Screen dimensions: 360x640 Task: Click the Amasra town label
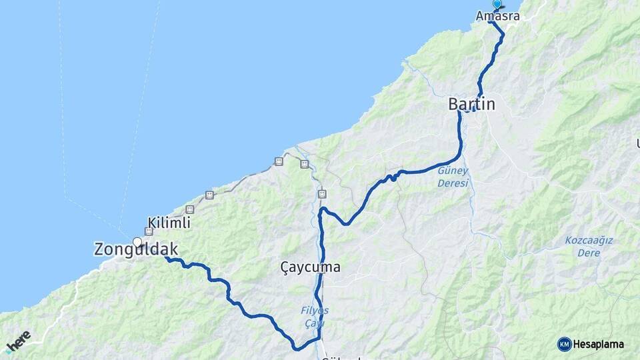click(x=497, y=15)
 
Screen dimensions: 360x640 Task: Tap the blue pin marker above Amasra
click(x=497, y=4)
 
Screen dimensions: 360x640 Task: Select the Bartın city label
click(x=472, y=104)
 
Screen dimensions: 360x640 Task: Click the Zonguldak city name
click(x=136, y=249)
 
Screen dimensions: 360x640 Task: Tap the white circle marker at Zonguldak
click(x=137, y=242)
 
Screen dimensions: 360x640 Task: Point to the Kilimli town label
click(x=169, y=223)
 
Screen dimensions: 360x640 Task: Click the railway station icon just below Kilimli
click(x=149, y=231)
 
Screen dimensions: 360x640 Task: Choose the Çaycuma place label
click(x=310, y=267)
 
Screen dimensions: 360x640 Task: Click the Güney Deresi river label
click(x=453, y=177)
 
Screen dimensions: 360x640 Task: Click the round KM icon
click(x=564, y=344)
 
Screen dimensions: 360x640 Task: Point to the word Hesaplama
click(x=599, y=345)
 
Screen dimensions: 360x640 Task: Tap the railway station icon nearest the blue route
click(x=323, y=194)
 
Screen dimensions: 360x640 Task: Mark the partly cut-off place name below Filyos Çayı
click(x=340, y=357)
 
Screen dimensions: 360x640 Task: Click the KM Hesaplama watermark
click(x=591, y=344)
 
